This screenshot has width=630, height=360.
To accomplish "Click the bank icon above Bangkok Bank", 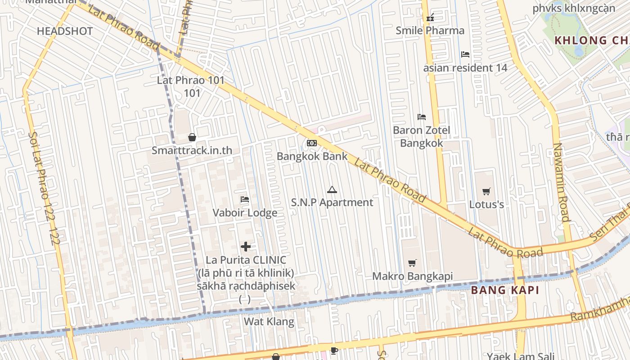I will [x=311, y=143].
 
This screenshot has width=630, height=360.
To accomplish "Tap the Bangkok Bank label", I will [x=312, y=157].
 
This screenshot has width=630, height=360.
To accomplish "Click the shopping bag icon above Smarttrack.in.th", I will [x=192, y=137].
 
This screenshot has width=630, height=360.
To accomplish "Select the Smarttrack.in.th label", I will [x=192, y=150].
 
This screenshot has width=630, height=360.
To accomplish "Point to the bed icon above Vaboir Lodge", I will [x=245, y=199].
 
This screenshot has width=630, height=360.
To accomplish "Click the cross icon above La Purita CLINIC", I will [x=246, y=246].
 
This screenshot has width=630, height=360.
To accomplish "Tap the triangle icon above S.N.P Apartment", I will [x=332, y=189].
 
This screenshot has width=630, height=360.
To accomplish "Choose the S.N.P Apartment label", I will [x=332, y=202].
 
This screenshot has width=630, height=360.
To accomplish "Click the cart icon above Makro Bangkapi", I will [x=412, y=263].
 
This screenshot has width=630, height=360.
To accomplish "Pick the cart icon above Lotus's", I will [x=486, y=192].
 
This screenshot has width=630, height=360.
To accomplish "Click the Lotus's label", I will [x=486, y=205].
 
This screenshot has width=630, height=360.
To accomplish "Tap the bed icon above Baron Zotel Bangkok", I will [x=422, y=117].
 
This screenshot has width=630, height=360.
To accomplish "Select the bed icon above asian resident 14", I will [x=465, y=54].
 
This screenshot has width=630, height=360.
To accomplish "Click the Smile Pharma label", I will [x=430, y=31].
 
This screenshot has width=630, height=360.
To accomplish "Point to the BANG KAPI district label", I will [x=505, y=290].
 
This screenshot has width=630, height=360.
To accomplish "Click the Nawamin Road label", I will [x=561, y=182].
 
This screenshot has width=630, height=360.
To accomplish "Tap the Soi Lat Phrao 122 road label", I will [x=43, y=188].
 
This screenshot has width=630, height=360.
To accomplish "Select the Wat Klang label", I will [x=269, y=321].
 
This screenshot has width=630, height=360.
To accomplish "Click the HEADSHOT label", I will [x=65, y=31].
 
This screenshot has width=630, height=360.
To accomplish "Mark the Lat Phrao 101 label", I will [x=191, y=81].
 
